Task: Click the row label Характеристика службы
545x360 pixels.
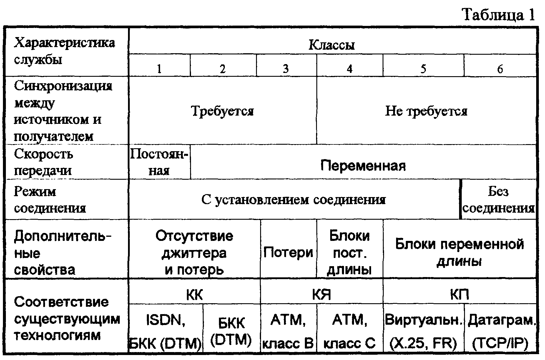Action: [x=64, y=51]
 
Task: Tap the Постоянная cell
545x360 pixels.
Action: [x=159, y=162]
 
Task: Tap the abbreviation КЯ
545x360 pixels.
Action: [x=321, y=294]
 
